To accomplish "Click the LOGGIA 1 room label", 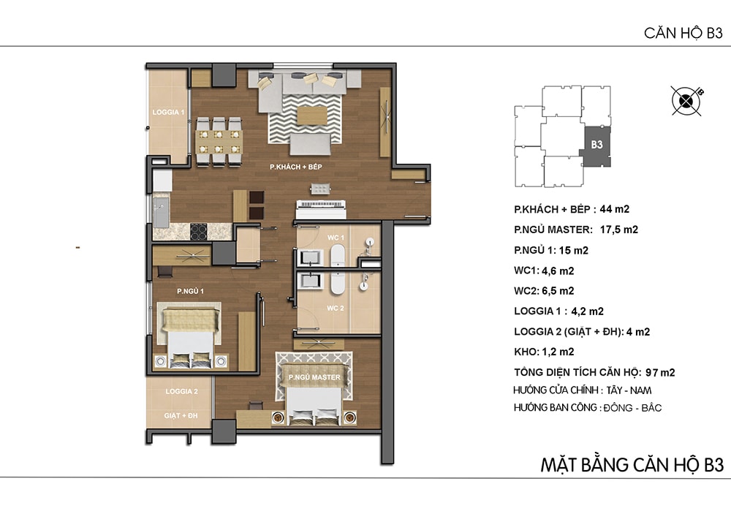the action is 168,112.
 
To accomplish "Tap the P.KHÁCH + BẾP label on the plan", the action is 295,167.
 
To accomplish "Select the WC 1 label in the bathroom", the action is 336,237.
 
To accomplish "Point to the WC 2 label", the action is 336,308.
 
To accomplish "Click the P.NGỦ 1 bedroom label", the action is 190,291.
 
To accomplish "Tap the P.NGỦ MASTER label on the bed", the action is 314,377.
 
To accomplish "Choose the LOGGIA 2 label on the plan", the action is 181,392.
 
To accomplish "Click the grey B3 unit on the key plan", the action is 596,146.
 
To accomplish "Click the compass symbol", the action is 686,101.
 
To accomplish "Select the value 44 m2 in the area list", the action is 615,209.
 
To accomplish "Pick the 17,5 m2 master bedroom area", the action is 618,230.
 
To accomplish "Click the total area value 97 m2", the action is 660,372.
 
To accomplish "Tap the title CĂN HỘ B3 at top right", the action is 683,33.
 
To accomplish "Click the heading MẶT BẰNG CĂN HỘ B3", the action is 632,465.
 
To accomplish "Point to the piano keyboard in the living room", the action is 321,204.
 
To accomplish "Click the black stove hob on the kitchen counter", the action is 198,232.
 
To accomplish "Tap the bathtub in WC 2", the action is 338,284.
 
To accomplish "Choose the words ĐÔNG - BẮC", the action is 632,408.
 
